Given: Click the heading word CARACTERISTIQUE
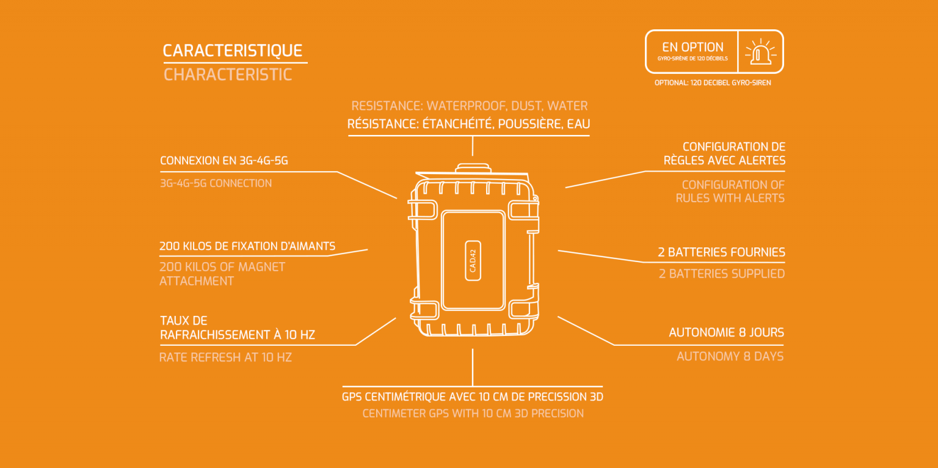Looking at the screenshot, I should point(233,51).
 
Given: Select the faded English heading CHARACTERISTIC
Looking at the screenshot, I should point(228,75).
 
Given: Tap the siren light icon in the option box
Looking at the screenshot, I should point(760,51).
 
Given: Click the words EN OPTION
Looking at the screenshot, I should point(693,47).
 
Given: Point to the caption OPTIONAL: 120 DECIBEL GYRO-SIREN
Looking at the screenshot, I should point(712,82).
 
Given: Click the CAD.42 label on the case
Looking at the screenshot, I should point(473,260).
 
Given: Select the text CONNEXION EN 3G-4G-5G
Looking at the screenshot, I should point(224,161).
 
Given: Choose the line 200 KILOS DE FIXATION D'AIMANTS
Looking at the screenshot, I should point(247,246).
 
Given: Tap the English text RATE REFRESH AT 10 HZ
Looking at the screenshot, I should point(225,357).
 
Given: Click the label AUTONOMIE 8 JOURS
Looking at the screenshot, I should point(726,333).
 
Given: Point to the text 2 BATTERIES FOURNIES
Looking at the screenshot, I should point(721,252).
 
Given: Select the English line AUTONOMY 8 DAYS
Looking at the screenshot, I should point(730,356).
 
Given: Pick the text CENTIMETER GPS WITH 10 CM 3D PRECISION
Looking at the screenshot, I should point(473,414).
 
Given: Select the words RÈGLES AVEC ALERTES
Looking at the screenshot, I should point(724,161).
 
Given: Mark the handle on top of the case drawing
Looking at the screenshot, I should point(472,166).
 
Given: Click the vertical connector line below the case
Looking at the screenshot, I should point(472,367).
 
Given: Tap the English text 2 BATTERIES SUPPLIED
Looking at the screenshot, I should point(721,274).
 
